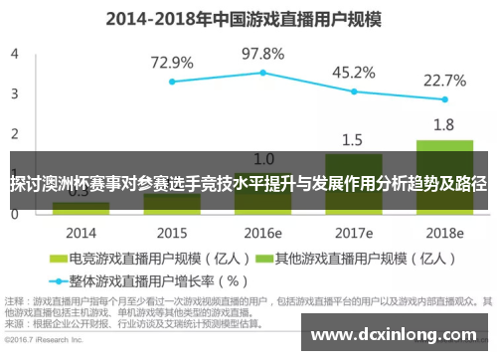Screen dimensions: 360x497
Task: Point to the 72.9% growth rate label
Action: (172, 62)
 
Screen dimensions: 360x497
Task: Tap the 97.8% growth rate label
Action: (263, 53)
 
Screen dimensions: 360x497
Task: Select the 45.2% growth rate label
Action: (354, 72)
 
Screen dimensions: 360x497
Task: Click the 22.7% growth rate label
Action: (444, 80)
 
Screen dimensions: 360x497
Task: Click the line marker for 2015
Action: (172, 82)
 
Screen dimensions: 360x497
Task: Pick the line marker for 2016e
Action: (263, 73)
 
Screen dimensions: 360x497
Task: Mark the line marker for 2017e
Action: (354, 91)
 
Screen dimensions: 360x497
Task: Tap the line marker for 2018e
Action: (444, 99)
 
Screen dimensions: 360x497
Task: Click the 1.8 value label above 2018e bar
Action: (444, 125)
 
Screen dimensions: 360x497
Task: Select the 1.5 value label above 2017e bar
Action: (354, 139)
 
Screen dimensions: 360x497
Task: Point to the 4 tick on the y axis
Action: (14, 54)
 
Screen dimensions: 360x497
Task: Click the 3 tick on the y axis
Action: (14, 93)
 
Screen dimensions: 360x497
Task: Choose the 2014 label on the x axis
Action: (81, 233)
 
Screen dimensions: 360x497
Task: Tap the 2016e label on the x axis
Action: (263, 233)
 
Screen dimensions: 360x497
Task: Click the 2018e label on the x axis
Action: (444, 233)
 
